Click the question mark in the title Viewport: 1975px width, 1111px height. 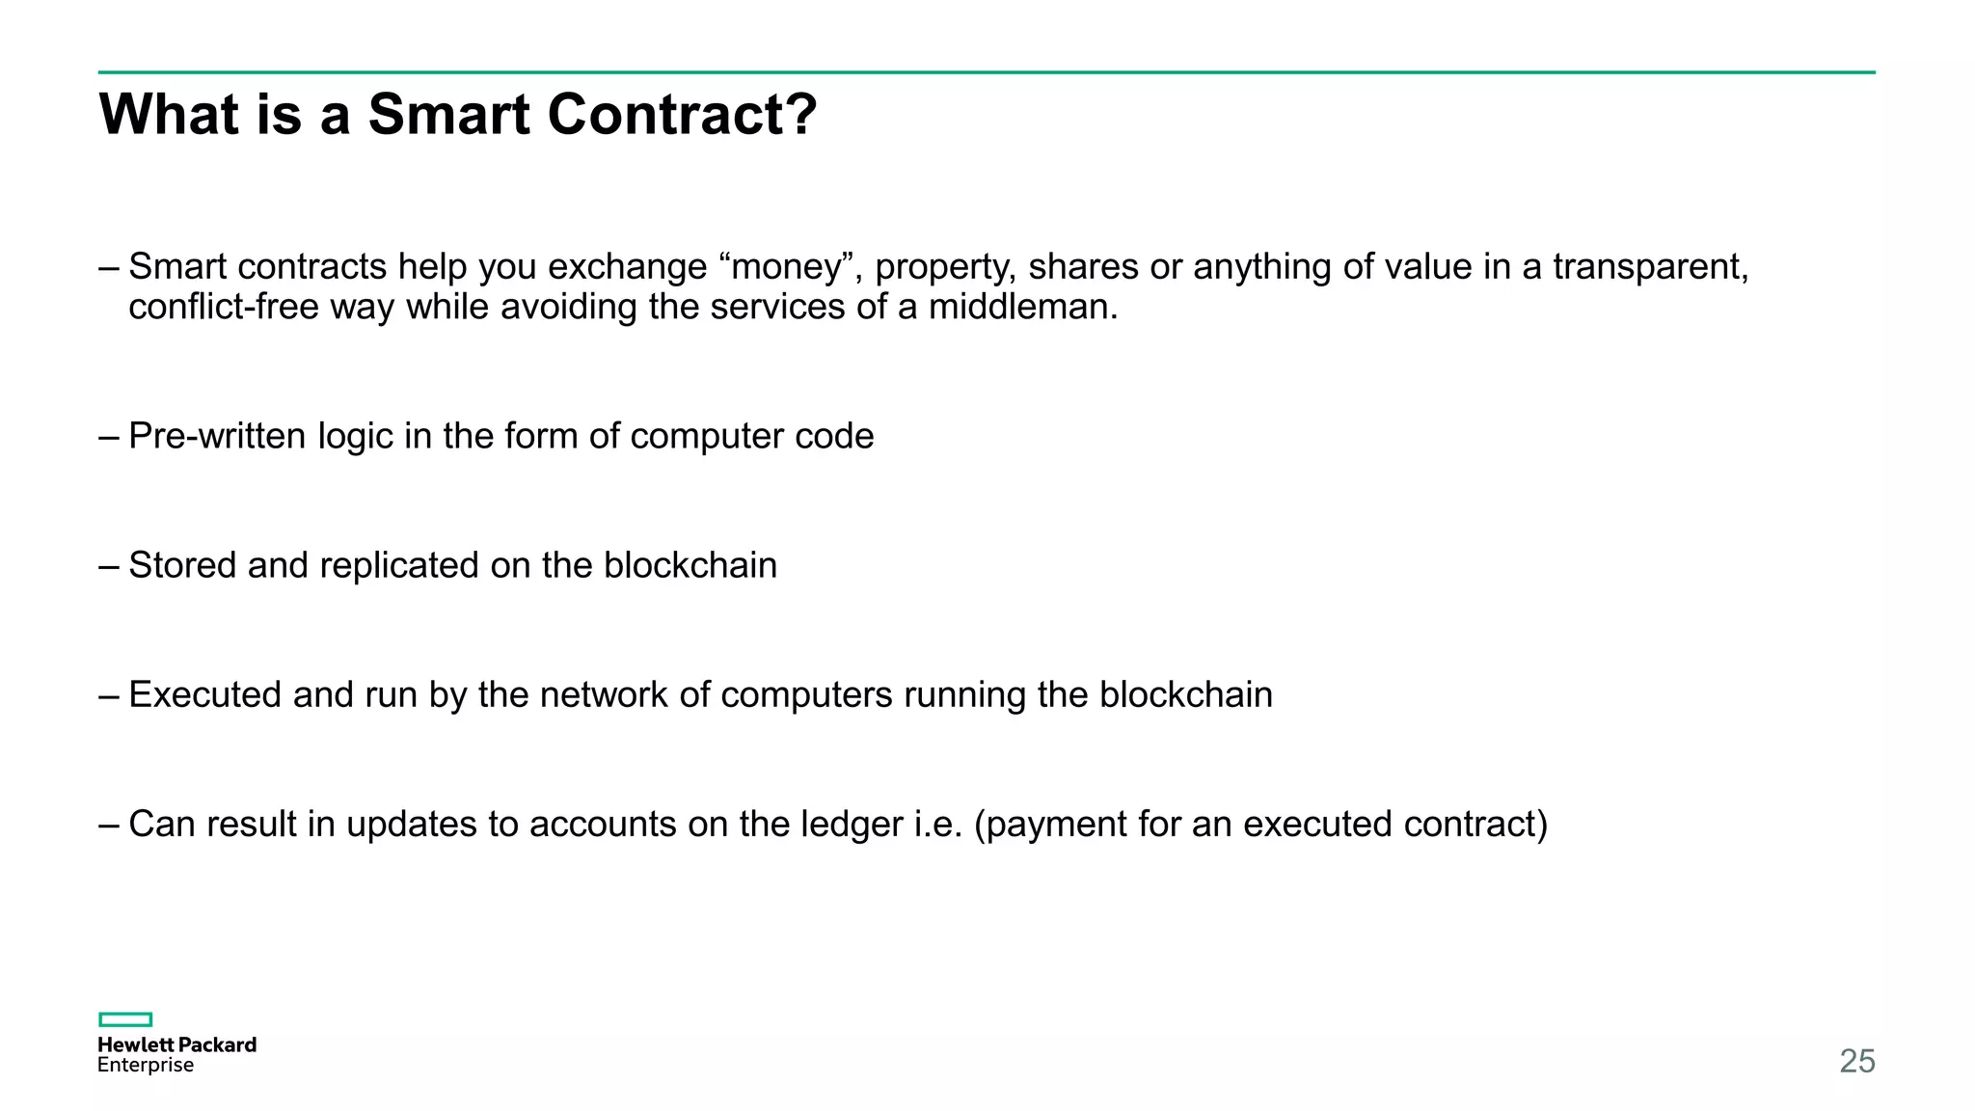[797, 114]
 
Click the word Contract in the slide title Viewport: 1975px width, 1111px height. [667, 114]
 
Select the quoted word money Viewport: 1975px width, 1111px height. [786, 266]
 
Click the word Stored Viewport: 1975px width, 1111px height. [182, 565]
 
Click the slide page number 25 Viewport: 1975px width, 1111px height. [1856, 1061]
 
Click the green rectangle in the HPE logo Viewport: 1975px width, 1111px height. [125, 1019]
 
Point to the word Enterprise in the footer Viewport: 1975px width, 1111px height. [146, 1066]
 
